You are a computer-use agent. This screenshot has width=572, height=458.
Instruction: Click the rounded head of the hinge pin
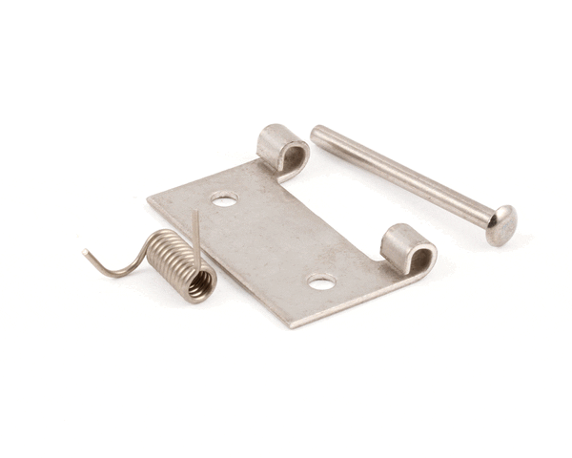click(500, 224)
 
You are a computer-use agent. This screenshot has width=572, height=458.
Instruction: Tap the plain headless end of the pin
click(317, 132)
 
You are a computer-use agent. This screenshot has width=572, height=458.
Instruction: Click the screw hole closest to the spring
click(224, 199)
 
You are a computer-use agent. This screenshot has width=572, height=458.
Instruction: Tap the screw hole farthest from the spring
click(321, 282)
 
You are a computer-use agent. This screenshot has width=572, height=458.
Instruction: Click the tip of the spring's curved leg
click(85, 253)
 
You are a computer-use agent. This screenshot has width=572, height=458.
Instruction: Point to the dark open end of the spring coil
click(200, 283)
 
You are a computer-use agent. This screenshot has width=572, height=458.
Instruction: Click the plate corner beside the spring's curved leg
click(150, 201)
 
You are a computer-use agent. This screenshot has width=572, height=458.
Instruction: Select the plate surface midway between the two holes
click(273, 241)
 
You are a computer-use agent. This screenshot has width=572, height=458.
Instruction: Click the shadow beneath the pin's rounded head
click(498, 244)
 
